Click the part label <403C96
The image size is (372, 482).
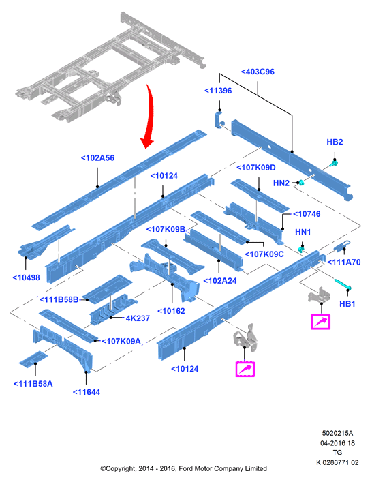point(258,72)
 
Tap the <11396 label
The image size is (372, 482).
point(218,91)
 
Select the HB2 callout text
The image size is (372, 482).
point(335,142)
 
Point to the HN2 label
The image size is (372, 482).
point(281,183)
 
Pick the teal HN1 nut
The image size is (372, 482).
point(303,249)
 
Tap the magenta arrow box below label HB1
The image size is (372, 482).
point(321,322)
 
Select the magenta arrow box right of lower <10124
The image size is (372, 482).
point(245,369)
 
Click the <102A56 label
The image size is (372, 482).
point(97,158)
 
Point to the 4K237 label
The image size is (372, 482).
point(138,318)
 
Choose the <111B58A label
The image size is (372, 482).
point(33,384)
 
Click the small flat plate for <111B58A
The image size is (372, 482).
point(33,359)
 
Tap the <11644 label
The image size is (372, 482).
point(87,392)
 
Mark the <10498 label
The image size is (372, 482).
point(26,277)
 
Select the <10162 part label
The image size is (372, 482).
point(171,311)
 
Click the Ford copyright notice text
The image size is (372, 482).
point(184,468)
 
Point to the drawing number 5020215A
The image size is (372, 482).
point(337,433)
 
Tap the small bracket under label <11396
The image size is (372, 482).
point(218,120)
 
